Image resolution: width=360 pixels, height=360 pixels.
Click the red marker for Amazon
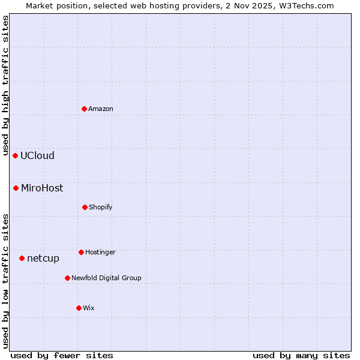click(85, 109)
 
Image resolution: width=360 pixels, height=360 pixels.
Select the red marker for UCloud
click(16, 155)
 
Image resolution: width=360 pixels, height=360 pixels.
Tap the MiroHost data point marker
click(16, 188)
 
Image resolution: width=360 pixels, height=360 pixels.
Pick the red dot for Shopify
click(85, 207)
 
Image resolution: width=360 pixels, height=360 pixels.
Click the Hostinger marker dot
click(81, 252)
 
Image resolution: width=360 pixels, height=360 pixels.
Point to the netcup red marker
click(22, 258)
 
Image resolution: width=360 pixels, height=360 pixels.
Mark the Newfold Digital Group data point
click(67, 278)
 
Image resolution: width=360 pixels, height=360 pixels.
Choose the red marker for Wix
click(79, 308)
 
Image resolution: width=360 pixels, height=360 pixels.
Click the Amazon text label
click(101, 109)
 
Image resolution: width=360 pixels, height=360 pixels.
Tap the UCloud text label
click(37, 155)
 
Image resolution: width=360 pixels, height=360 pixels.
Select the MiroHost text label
click(42, 188)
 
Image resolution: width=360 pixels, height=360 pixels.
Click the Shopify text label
click(101, 207)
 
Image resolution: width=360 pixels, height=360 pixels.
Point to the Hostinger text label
click(100, 252)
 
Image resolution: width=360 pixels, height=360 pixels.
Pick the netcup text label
click(43, 258)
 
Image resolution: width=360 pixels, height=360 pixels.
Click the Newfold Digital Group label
click(106, 278)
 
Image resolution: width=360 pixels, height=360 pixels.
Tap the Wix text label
click(89, 308)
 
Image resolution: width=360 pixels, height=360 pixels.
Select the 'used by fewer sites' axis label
click(62, 355)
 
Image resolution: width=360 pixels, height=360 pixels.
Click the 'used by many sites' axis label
click(301, 355)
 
